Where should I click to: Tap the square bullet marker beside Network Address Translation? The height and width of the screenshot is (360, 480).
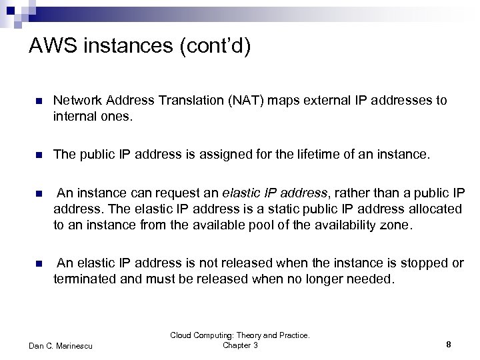coord(39,101)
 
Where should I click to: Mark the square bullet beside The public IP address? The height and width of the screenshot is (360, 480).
coord(39,155)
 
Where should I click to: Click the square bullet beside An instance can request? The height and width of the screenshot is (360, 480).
coord(39,195)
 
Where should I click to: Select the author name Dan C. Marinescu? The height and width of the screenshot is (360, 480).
coord(61,345)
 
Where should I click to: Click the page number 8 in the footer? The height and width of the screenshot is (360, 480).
coord(449,345)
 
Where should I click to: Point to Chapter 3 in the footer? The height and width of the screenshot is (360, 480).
coord(240,345)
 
